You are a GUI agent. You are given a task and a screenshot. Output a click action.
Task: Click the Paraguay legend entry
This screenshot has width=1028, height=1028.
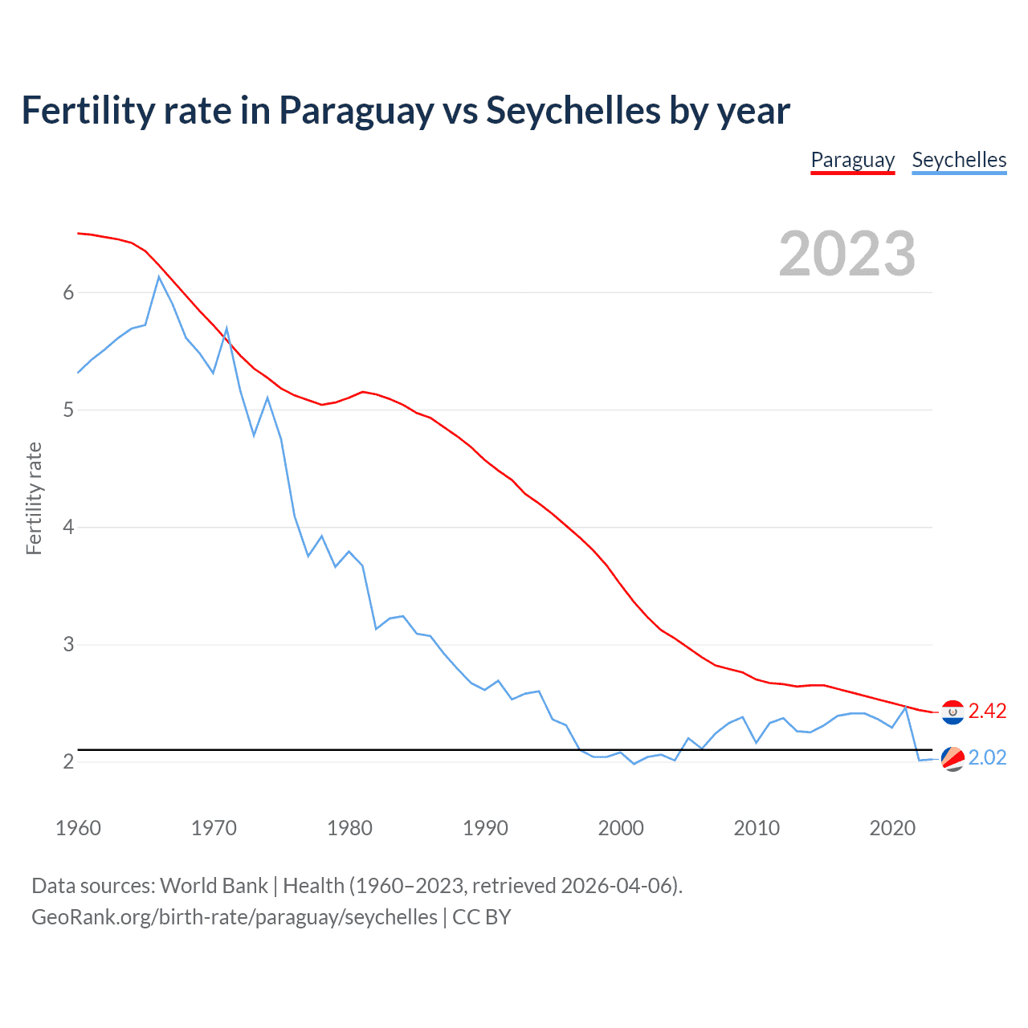(852, 160)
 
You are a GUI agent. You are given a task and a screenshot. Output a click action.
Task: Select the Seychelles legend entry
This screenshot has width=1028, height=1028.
(959, 160)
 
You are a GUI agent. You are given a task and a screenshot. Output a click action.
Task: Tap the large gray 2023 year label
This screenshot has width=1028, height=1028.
(846, 254)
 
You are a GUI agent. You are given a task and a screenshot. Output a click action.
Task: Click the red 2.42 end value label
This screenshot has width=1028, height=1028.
(987, 711)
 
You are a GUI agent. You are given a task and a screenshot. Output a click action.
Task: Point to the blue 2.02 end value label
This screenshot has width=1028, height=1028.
(987, 757)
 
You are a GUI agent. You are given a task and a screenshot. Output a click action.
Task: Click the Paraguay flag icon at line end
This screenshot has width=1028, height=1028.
(953, 712)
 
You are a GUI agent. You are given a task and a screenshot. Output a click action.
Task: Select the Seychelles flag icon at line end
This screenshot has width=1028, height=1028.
(953, 758)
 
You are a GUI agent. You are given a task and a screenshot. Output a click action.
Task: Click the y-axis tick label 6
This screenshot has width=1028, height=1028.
(68, 292)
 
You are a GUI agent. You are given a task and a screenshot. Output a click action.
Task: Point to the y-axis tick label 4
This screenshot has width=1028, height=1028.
(68, 528)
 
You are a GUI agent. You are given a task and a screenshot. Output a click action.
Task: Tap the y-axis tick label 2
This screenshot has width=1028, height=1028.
(68, 761)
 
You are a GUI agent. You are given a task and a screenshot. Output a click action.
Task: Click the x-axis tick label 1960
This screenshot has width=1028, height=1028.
(78, 828)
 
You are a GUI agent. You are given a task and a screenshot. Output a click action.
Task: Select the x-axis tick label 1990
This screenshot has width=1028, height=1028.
(485, 828)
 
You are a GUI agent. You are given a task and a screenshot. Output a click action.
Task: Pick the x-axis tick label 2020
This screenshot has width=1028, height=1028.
(892, 828)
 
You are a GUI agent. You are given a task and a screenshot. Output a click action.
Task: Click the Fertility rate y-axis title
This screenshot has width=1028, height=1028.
(34, 498)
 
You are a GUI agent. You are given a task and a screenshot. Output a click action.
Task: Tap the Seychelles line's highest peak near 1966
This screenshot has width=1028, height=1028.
(159, 277)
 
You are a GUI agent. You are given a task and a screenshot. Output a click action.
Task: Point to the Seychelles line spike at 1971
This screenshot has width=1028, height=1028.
(226, 328)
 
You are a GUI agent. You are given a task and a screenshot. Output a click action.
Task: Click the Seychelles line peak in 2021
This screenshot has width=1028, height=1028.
(906, 707)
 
